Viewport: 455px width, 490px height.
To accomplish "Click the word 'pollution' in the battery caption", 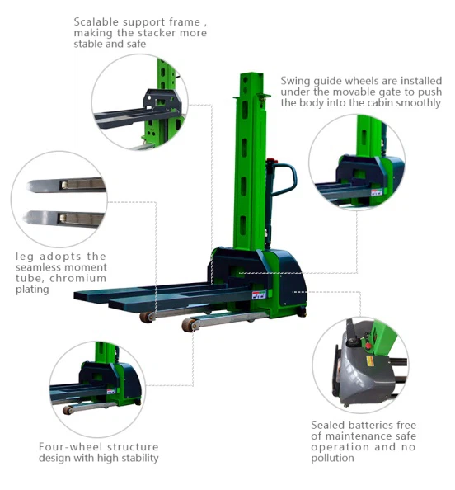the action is tap(332, 458).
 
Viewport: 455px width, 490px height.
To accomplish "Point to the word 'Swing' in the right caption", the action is tap(295, 82).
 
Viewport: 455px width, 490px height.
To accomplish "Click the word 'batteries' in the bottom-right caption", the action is tap(371, 425).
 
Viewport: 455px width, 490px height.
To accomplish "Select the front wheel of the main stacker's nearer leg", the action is tap(189, 325).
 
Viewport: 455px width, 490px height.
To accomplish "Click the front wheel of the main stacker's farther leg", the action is tap(147, 318).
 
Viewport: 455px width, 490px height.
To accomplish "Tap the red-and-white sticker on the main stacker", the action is tap(259, 295).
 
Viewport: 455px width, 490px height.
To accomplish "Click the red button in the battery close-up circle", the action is tap(368, 346).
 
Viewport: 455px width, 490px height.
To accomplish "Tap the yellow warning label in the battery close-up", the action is tap(371, 361).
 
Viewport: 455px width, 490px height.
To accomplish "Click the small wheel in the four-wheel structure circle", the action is tap(68, 410).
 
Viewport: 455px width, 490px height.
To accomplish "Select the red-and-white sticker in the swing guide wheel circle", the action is tap(377, 191).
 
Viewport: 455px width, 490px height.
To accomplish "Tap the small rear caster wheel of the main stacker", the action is tap(302, 313).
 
